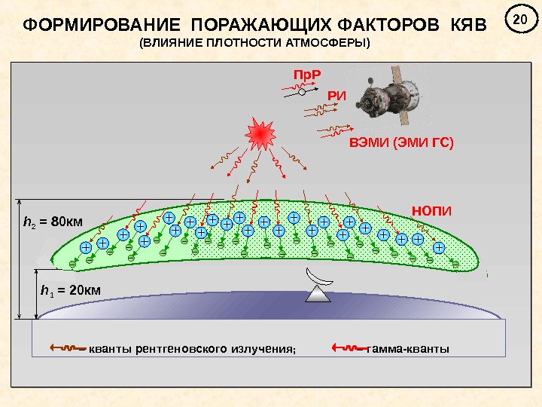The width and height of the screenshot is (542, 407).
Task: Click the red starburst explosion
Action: pyautogui.click(x=259, y=133)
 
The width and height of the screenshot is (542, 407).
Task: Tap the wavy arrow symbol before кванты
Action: pyautogui.click(x=65, y=348)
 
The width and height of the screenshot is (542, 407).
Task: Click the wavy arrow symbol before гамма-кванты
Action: pyautogui.click(x=349, y=348)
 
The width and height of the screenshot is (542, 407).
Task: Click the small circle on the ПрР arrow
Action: pyautogui.click(x=300, y=94)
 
